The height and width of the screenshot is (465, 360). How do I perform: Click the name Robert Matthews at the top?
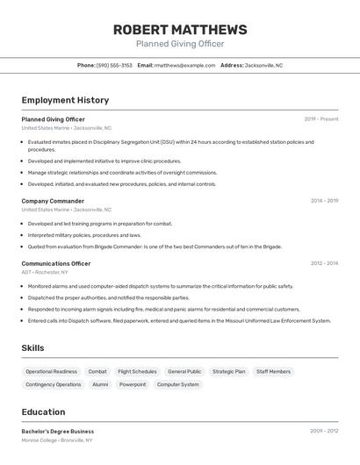coord(180,30)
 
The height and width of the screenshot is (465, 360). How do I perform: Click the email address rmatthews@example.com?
coord(185,65)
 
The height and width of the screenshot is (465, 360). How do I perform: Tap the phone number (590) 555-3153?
coord(115,65)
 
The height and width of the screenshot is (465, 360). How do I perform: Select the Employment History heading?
coord(65,100)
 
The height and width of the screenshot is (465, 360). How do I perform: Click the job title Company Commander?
coord(53,201)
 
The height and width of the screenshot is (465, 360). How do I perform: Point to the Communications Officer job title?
coord(56,263)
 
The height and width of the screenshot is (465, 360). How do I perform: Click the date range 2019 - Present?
coord(321,119)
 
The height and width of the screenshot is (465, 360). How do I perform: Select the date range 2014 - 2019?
coord(324,201)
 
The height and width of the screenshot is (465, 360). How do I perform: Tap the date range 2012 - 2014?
coord(324,263)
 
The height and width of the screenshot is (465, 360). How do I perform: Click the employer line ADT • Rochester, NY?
coord(45,272)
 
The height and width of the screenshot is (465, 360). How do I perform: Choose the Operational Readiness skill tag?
coord(52,371)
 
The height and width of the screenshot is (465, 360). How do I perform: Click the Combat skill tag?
coord(97,371)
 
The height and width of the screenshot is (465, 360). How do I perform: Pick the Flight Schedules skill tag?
coord(137,371)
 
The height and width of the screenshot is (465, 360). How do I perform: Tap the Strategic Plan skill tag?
coord(229,371)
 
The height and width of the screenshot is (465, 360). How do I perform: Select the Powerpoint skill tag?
coord(133,384)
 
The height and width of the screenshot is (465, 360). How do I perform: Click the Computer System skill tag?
coord(178,384)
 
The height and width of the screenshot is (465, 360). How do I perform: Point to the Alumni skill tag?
coord(100,384)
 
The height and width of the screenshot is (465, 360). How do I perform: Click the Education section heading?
coord(43,412)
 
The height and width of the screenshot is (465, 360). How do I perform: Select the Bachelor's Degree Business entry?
coord(58,432)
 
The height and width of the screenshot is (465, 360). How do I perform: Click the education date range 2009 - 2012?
coord(324,432)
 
